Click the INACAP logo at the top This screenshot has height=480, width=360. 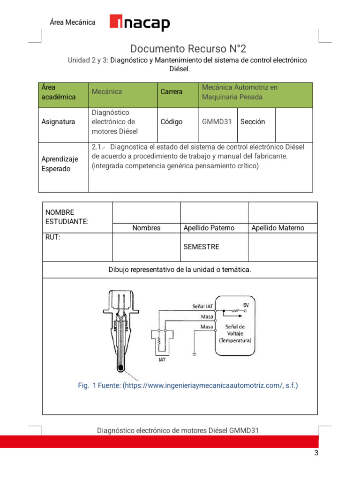point(140,22)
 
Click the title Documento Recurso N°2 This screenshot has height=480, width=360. point(187,49)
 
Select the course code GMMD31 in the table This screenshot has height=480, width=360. point(217,122)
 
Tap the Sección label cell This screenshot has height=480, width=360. point(253,122)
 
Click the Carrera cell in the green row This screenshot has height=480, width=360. point(172,92)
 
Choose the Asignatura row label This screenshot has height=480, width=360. point(58,122)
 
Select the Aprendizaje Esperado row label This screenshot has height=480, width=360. point(60,164)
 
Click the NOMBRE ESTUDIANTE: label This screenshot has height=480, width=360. point(65,217)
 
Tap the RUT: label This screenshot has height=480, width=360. point(53,238)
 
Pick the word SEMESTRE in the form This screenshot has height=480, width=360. point(201,247)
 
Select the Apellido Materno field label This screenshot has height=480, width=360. point(277,228)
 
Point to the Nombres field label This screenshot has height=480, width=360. point(146,228)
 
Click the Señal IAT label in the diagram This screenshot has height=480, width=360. point(202,306)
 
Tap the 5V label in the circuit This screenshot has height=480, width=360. point(246,305)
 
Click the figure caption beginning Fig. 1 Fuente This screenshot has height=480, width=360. point(187,386)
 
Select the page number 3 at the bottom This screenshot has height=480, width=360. point(316,453)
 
